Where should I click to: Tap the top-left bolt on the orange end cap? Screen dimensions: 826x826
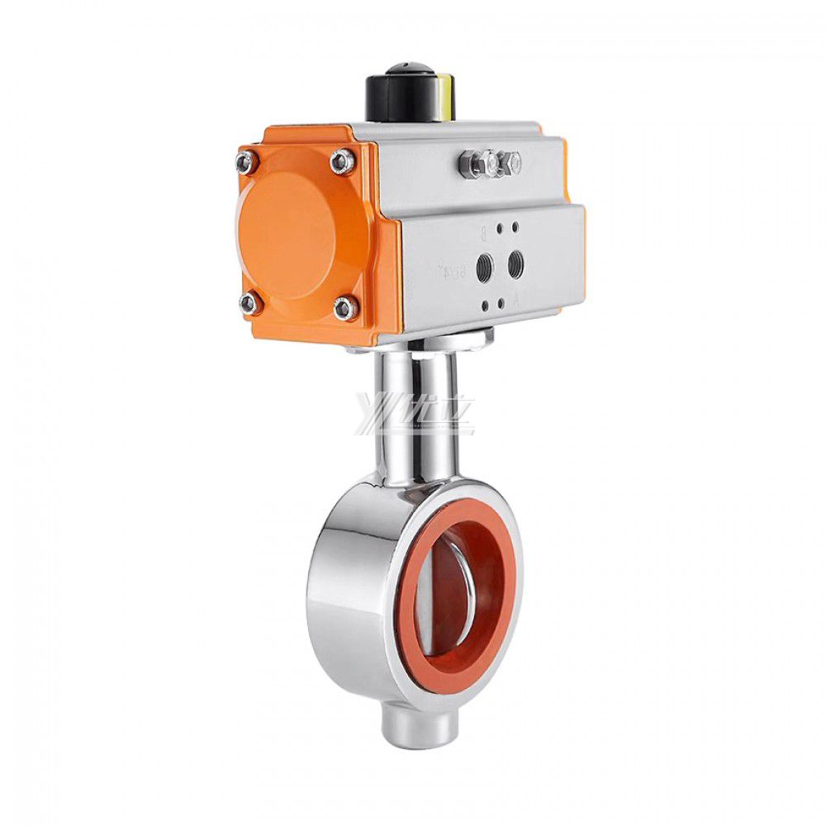[245, 163]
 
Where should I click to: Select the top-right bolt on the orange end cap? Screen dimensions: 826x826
[341, 161]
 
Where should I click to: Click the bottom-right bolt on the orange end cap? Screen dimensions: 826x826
[345, 309]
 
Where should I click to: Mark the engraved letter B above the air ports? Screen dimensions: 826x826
[483, 232]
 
